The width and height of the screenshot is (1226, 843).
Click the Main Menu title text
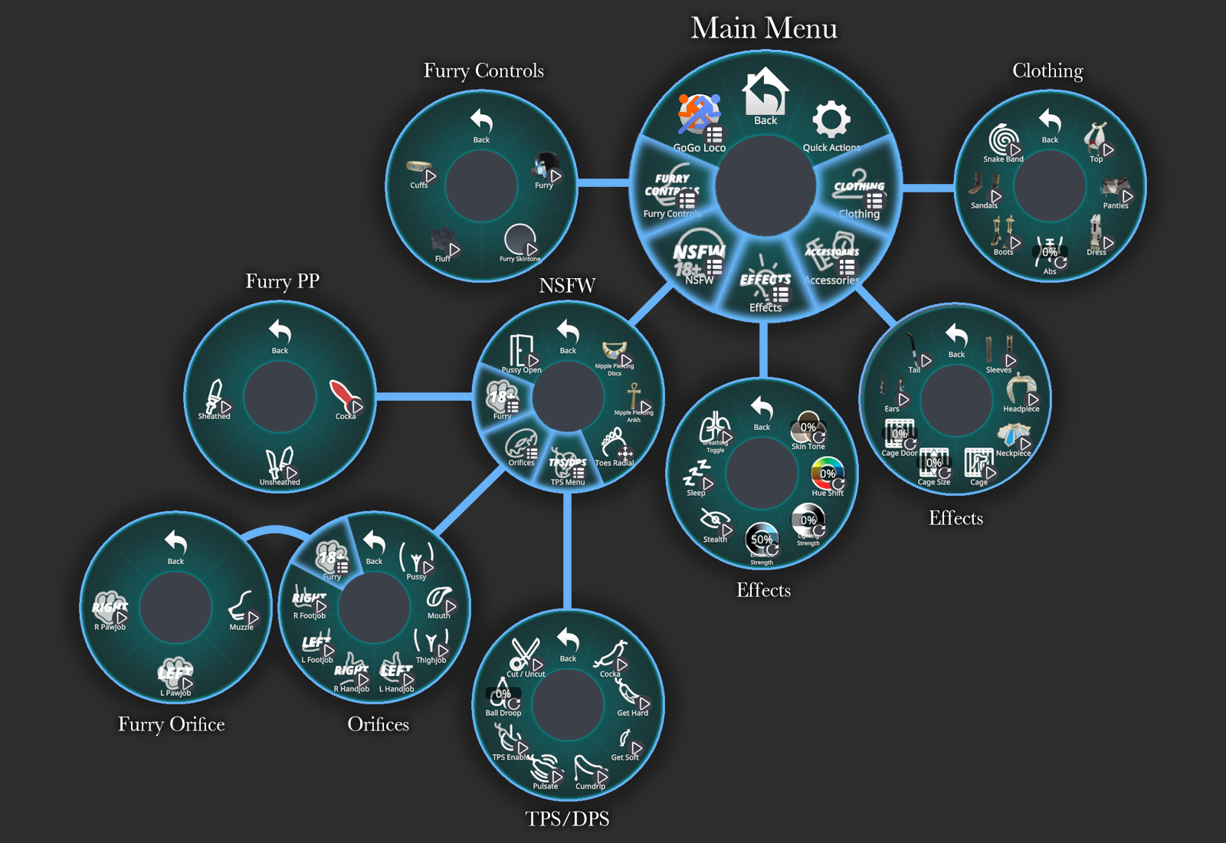[x=764, y=28]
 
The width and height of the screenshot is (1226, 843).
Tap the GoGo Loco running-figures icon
[x=698, y=114]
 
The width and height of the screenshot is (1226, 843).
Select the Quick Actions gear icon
[x=831, y=120]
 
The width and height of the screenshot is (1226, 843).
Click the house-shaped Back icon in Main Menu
[x=765, y=93]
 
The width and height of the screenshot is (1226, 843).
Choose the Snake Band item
[x=1004, y=142]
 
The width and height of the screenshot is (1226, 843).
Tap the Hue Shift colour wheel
[x=828, y=474]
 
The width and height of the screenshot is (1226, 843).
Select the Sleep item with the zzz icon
[x=697, y=477]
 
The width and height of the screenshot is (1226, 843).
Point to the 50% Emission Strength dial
[x=762, y=540]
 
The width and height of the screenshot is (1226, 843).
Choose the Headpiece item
[x=1021, y=391]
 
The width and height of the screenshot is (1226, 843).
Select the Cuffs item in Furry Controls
[x=420, y=172]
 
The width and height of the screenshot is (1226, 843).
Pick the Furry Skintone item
[x=520, y=241]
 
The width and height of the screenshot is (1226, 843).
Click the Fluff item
[x=444, y=243]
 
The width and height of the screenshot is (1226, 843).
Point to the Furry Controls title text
[x=484, y=71]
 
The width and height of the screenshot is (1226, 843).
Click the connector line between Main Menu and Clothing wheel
[x=929, y=187]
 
